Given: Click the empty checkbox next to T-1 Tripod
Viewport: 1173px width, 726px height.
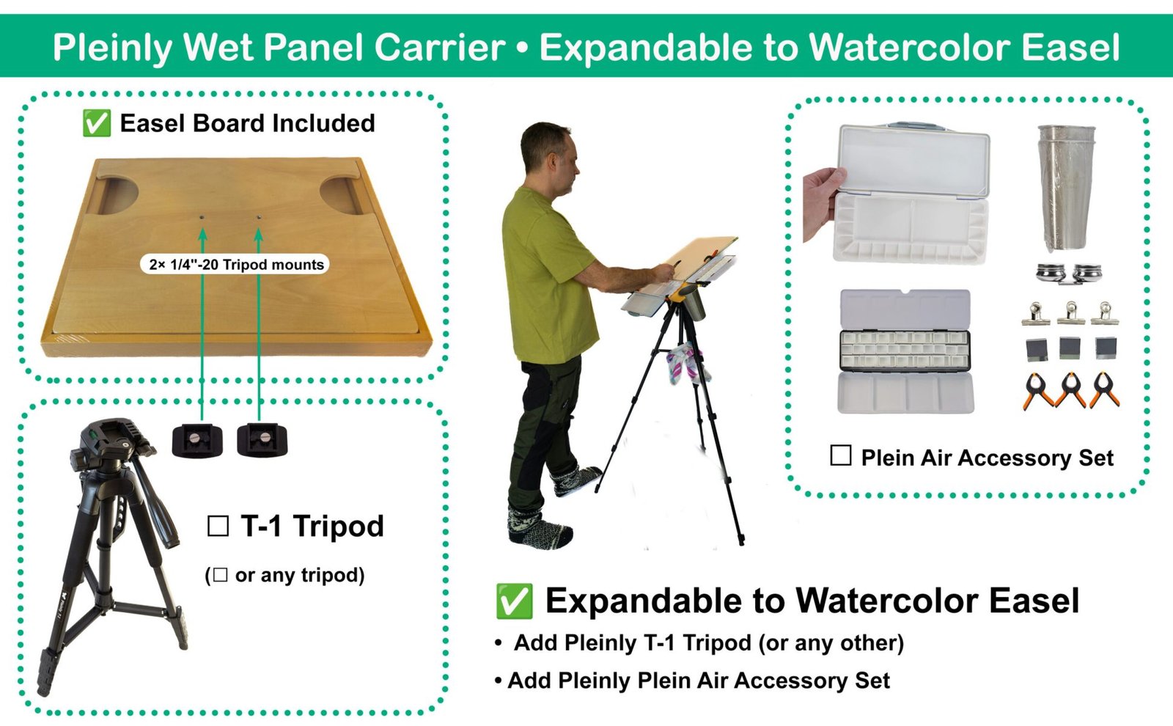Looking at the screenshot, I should tap(218, 526).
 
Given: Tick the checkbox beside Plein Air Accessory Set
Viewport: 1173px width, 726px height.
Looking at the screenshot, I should tap(840, 456).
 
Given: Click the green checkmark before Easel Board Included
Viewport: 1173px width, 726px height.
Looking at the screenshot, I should tap(96, 123).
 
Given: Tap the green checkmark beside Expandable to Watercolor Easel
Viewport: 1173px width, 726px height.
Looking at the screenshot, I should tap(514, 601).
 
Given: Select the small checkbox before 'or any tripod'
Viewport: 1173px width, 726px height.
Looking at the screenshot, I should tap(219, 576).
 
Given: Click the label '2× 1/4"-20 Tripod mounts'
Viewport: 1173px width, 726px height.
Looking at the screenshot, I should tap(235, 265).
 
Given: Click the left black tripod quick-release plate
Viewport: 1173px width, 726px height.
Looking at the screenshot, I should tap(197, 440).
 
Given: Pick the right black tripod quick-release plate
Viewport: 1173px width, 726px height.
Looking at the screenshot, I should tap(262, 440).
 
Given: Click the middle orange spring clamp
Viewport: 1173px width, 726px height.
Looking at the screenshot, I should tap(1070, 390).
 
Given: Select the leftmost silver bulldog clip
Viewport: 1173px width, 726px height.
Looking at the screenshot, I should tap(1036, 314).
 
